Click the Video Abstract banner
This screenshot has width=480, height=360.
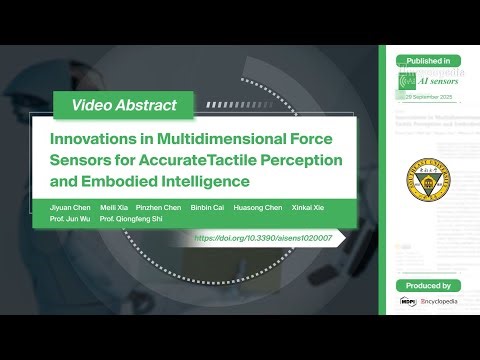pos(125,105)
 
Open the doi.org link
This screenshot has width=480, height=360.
pos(269,238)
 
